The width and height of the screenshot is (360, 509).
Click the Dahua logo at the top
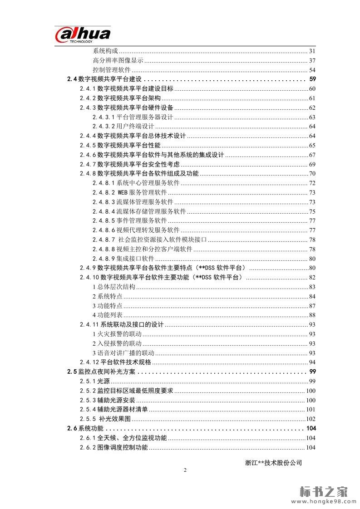click(x=83, y=35)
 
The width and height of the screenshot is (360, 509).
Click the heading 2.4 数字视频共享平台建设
click(x=104, y=79)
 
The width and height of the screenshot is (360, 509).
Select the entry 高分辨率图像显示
click(x=118, y=61)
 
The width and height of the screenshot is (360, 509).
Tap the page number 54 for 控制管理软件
click(x=312, y=70)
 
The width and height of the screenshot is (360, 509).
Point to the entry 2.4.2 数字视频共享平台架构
click(x=120, y=98)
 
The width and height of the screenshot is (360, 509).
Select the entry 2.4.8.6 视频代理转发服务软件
click(x=136, y=230)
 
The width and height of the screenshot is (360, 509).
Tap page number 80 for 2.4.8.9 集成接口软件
click(x=312, y=259)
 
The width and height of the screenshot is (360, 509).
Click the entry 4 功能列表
click(x=107, y=315)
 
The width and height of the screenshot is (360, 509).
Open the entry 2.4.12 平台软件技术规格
click(x=115, y=362)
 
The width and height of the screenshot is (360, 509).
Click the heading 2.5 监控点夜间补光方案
click(x=101, y=372)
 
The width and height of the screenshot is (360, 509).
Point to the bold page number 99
click(x=312, y=372)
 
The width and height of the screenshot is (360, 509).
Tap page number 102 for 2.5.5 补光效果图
click(x=311, y=419)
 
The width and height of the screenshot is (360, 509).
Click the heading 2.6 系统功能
click(x=85, y=428)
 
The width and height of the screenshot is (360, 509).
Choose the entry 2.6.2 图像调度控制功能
click(x=113, y=448)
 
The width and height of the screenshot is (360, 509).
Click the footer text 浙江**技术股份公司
click(x=273, y=463)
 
